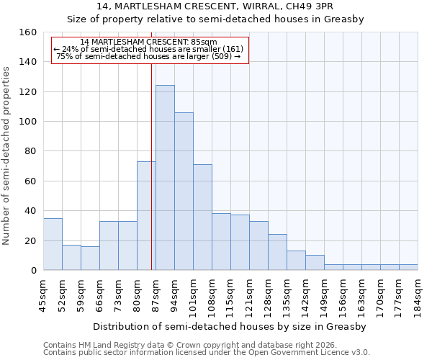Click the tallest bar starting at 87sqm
point(165,178)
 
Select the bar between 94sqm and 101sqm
point(184,192)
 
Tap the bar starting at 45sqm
point(53,244)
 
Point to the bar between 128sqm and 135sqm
point(277,252)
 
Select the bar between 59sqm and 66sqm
point(90,258)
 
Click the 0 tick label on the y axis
point(33,270)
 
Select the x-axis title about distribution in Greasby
point(230,327)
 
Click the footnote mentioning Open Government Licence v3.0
point(207,353)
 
